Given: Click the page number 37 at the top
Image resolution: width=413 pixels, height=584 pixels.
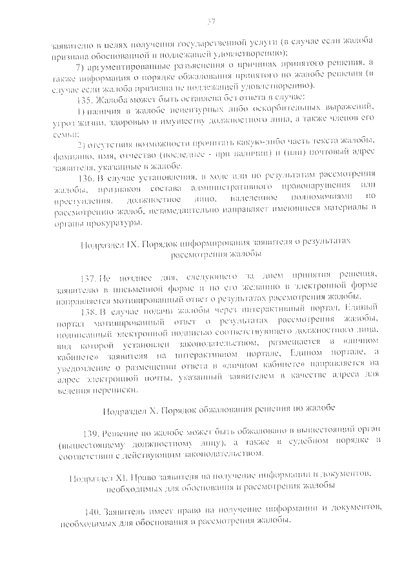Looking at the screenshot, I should click(210, 22).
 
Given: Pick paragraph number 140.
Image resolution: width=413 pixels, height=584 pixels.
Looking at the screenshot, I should click(92, 511).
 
